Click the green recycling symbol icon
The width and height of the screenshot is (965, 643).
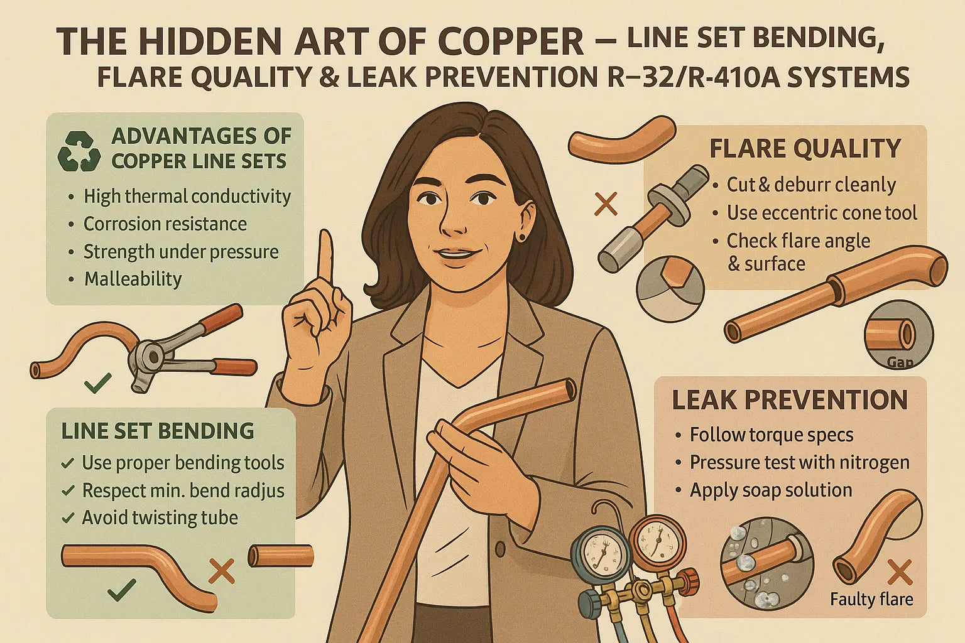click(x=79, y=151)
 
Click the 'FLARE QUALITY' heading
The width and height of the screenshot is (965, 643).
click(x=805, y=149)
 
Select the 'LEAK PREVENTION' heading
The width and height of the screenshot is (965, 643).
click(x=790, y=400)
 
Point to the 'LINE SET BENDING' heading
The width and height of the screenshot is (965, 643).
click(x=158, y=431)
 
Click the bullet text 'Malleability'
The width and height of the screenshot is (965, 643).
click(x=133, y=279)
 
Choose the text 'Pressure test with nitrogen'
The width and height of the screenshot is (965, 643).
click(x=799, y=463)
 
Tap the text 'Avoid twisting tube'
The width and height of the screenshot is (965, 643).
click(x=160, y=518)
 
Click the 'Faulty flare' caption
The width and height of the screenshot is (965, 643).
click(x=871, y=600)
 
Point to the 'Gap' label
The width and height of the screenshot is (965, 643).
click(x=900, y=362)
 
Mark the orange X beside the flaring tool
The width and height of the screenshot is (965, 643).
click(x=606, y=204)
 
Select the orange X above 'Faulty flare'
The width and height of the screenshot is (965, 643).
click(x=899, y=573)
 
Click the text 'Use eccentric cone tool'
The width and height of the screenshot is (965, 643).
click(x=822, y=213)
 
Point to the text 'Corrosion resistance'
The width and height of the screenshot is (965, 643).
click(x=165, y=224)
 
